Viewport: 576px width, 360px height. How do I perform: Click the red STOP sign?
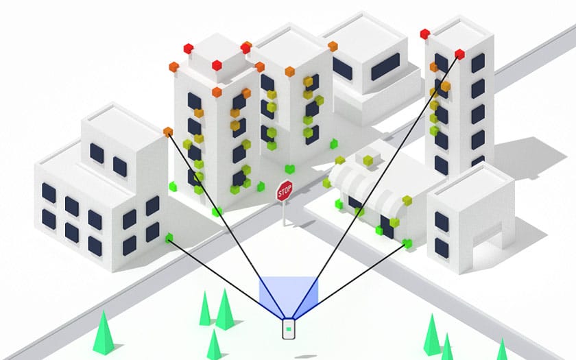click(285, 191)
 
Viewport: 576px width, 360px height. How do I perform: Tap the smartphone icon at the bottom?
click(289, 328)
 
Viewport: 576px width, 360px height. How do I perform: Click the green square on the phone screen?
click(289, 329)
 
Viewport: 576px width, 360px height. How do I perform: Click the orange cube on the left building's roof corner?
click(168, 131)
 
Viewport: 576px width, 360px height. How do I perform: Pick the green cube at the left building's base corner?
click(169, 238)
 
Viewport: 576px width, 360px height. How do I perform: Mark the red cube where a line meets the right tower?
click(459, 53)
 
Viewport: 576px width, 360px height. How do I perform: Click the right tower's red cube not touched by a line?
click(425, 34)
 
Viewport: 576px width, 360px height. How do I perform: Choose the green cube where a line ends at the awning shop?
click(408, 243)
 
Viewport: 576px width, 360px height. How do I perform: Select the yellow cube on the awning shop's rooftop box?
click(368, 160)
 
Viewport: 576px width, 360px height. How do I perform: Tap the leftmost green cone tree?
click(104, 332)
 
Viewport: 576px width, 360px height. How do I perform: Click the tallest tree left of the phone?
click(224, 309)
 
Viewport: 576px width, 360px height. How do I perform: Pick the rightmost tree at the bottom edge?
click(501, 350)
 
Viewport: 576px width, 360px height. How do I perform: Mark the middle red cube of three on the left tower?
click(217, 65)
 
